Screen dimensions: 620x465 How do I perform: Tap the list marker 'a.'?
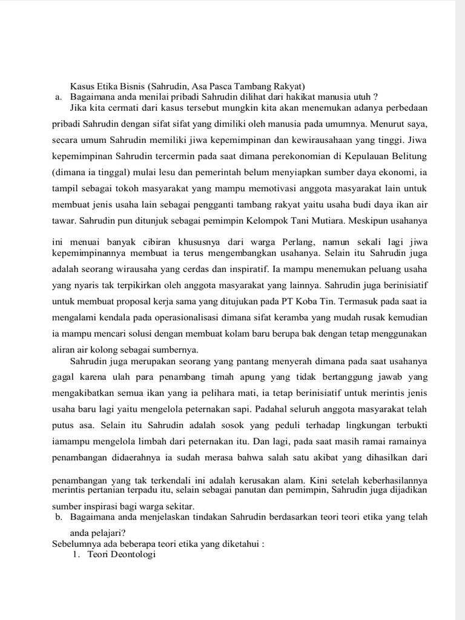click(x=58, y=96)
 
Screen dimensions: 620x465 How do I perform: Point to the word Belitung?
click(x=406, y=156)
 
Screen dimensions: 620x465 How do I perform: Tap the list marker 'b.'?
click(x=58, y=516)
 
